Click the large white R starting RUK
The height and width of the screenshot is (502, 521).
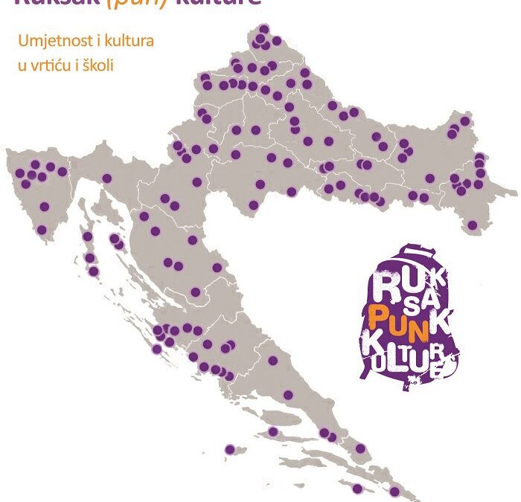click(386, 285)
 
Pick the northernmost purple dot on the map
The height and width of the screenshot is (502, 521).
click(263, 29)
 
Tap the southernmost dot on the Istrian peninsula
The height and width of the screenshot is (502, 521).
click(42, 230)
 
